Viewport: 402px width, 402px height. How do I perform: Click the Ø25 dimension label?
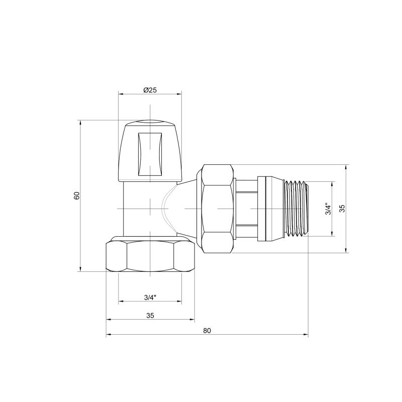(150, 90)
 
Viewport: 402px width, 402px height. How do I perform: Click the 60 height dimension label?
(77, 195)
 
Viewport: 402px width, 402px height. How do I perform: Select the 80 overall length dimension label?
(207, 331)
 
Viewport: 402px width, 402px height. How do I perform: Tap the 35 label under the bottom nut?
(150, 316)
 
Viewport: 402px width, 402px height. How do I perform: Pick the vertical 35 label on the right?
(342, 209)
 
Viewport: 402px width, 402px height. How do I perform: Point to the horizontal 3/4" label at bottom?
(150, 297)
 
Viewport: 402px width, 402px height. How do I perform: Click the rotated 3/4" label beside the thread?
(328, 209)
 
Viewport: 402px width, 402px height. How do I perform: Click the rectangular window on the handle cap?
(150, 154)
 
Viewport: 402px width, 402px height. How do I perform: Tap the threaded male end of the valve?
(296, 209)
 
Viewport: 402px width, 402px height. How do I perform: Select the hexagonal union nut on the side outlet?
(218, 209)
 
